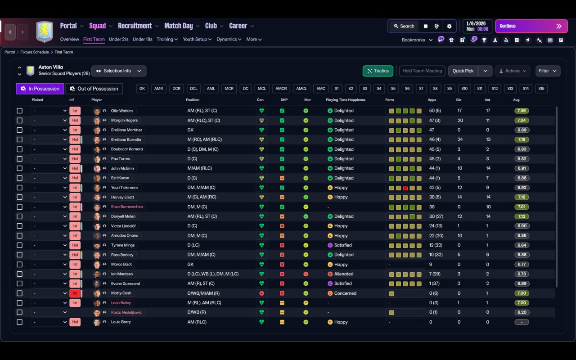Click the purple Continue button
point(531,26)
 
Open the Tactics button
point(378,71)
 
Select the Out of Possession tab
point(94,89)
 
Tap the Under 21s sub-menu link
point(118,39)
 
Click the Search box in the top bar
point(404,26)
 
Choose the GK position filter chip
point(142,89)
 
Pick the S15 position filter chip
point(541,89)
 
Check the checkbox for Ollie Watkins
point(19,111)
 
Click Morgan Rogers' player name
point(125,120)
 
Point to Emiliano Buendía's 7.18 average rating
point(522,139)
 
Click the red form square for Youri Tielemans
point(405,188)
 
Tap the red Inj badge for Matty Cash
point(75,293)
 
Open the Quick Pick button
point(463,71)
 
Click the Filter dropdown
point(548,71)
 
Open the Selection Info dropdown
point(119,71)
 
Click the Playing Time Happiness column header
point(346,100)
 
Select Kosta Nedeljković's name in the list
point(126,312)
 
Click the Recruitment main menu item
point(135,26)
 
